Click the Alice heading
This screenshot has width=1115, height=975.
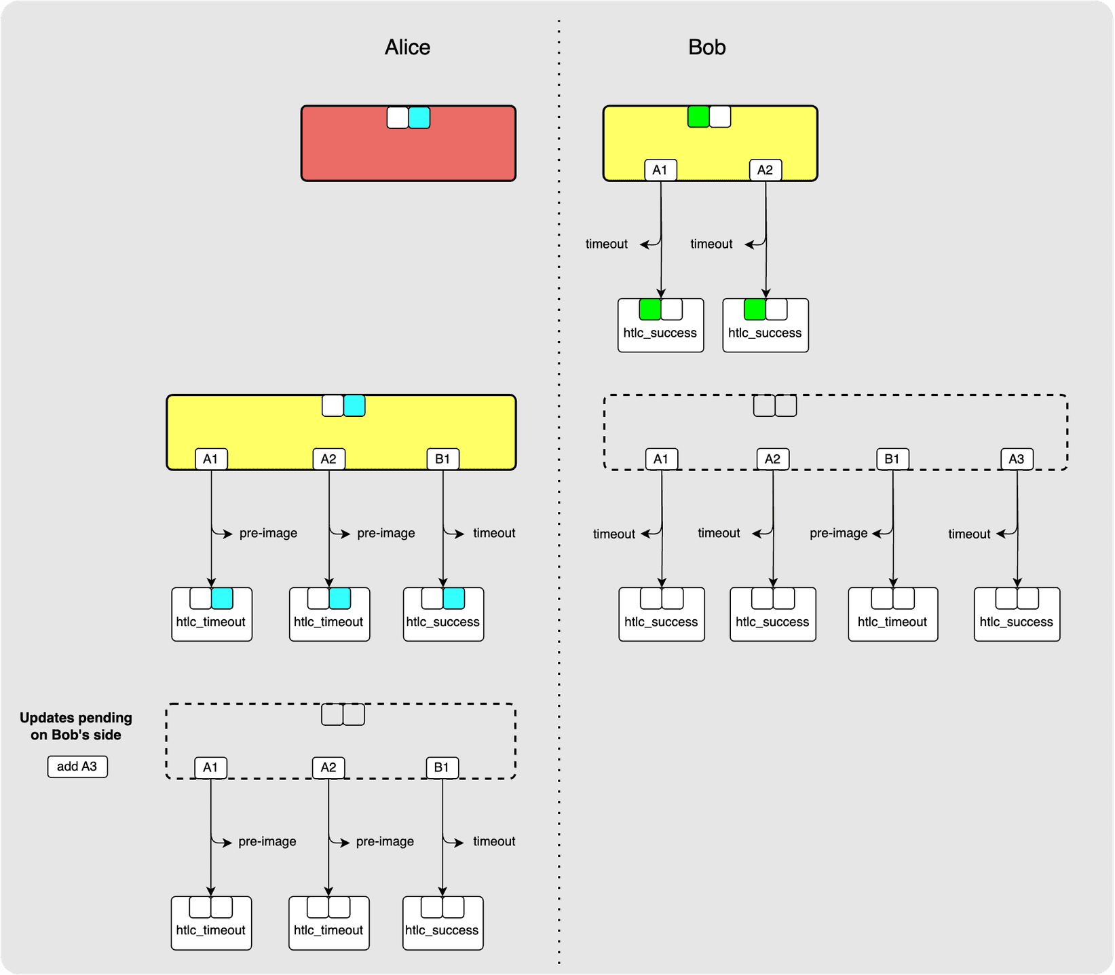point(407,47)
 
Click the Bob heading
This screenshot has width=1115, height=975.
point(706,47)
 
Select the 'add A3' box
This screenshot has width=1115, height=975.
point(77,767)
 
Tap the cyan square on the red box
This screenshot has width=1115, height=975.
point(419,118)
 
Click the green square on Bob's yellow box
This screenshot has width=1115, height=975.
point(698,117)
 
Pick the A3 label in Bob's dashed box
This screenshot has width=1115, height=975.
point(1017,459)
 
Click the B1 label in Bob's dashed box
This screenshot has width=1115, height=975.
point(892,459)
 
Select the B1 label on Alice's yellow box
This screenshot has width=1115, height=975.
point(442,459)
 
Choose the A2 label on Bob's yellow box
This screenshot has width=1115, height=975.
point(765,170)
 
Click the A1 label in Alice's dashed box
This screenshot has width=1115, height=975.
point(210,767)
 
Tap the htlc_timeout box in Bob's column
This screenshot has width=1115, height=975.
point(892,614)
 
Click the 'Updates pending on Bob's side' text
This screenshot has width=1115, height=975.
point(76,726)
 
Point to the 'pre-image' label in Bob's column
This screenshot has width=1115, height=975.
point(838,533)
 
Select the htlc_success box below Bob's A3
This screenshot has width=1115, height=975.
point(1017,614)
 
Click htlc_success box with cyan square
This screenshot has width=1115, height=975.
point(443,614)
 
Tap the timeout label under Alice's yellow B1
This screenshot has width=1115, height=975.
point(494,533)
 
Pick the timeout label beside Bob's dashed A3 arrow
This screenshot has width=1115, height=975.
point(969,534)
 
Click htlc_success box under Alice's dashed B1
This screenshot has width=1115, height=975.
point(442,923)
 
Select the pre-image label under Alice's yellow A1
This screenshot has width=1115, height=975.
point(268,533)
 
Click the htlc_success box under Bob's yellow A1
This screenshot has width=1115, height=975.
point(660,326)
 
